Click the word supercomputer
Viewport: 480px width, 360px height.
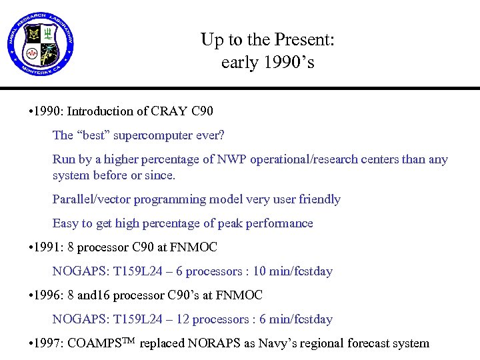pyautogui.click(x=153, y=135)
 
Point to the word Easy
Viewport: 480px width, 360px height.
pyautogui.click(x=65, y=223)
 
